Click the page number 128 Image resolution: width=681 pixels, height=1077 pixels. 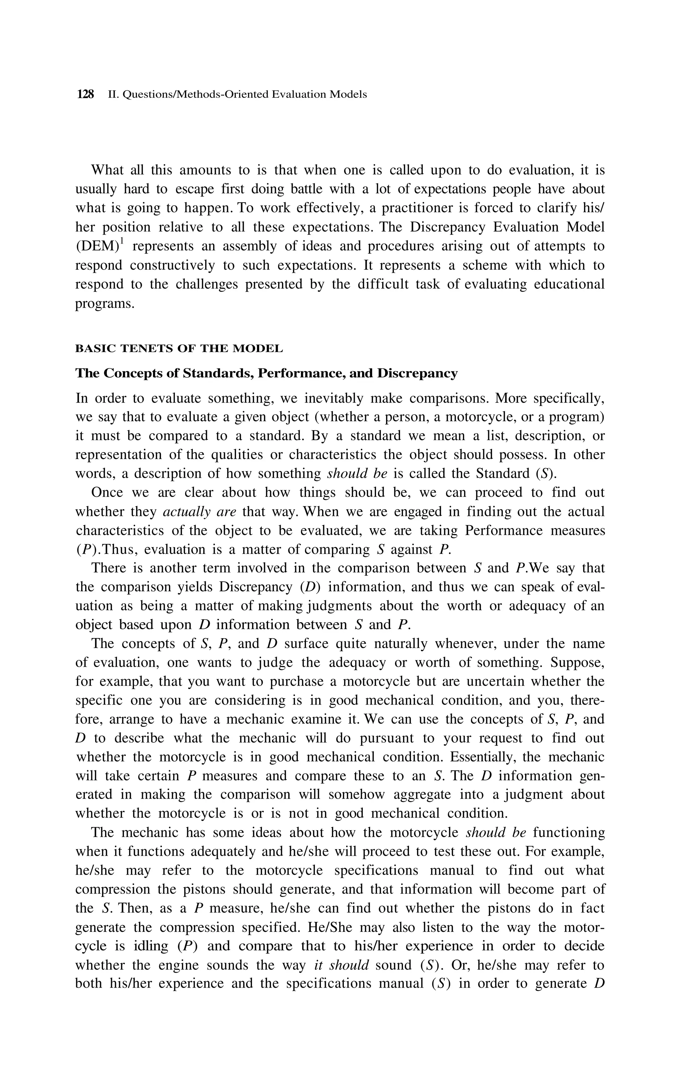point(85,94)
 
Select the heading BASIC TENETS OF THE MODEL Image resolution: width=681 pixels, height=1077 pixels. point(179,348)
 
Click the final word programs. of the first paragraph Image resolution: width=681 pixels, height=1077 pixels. point(105,304)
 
